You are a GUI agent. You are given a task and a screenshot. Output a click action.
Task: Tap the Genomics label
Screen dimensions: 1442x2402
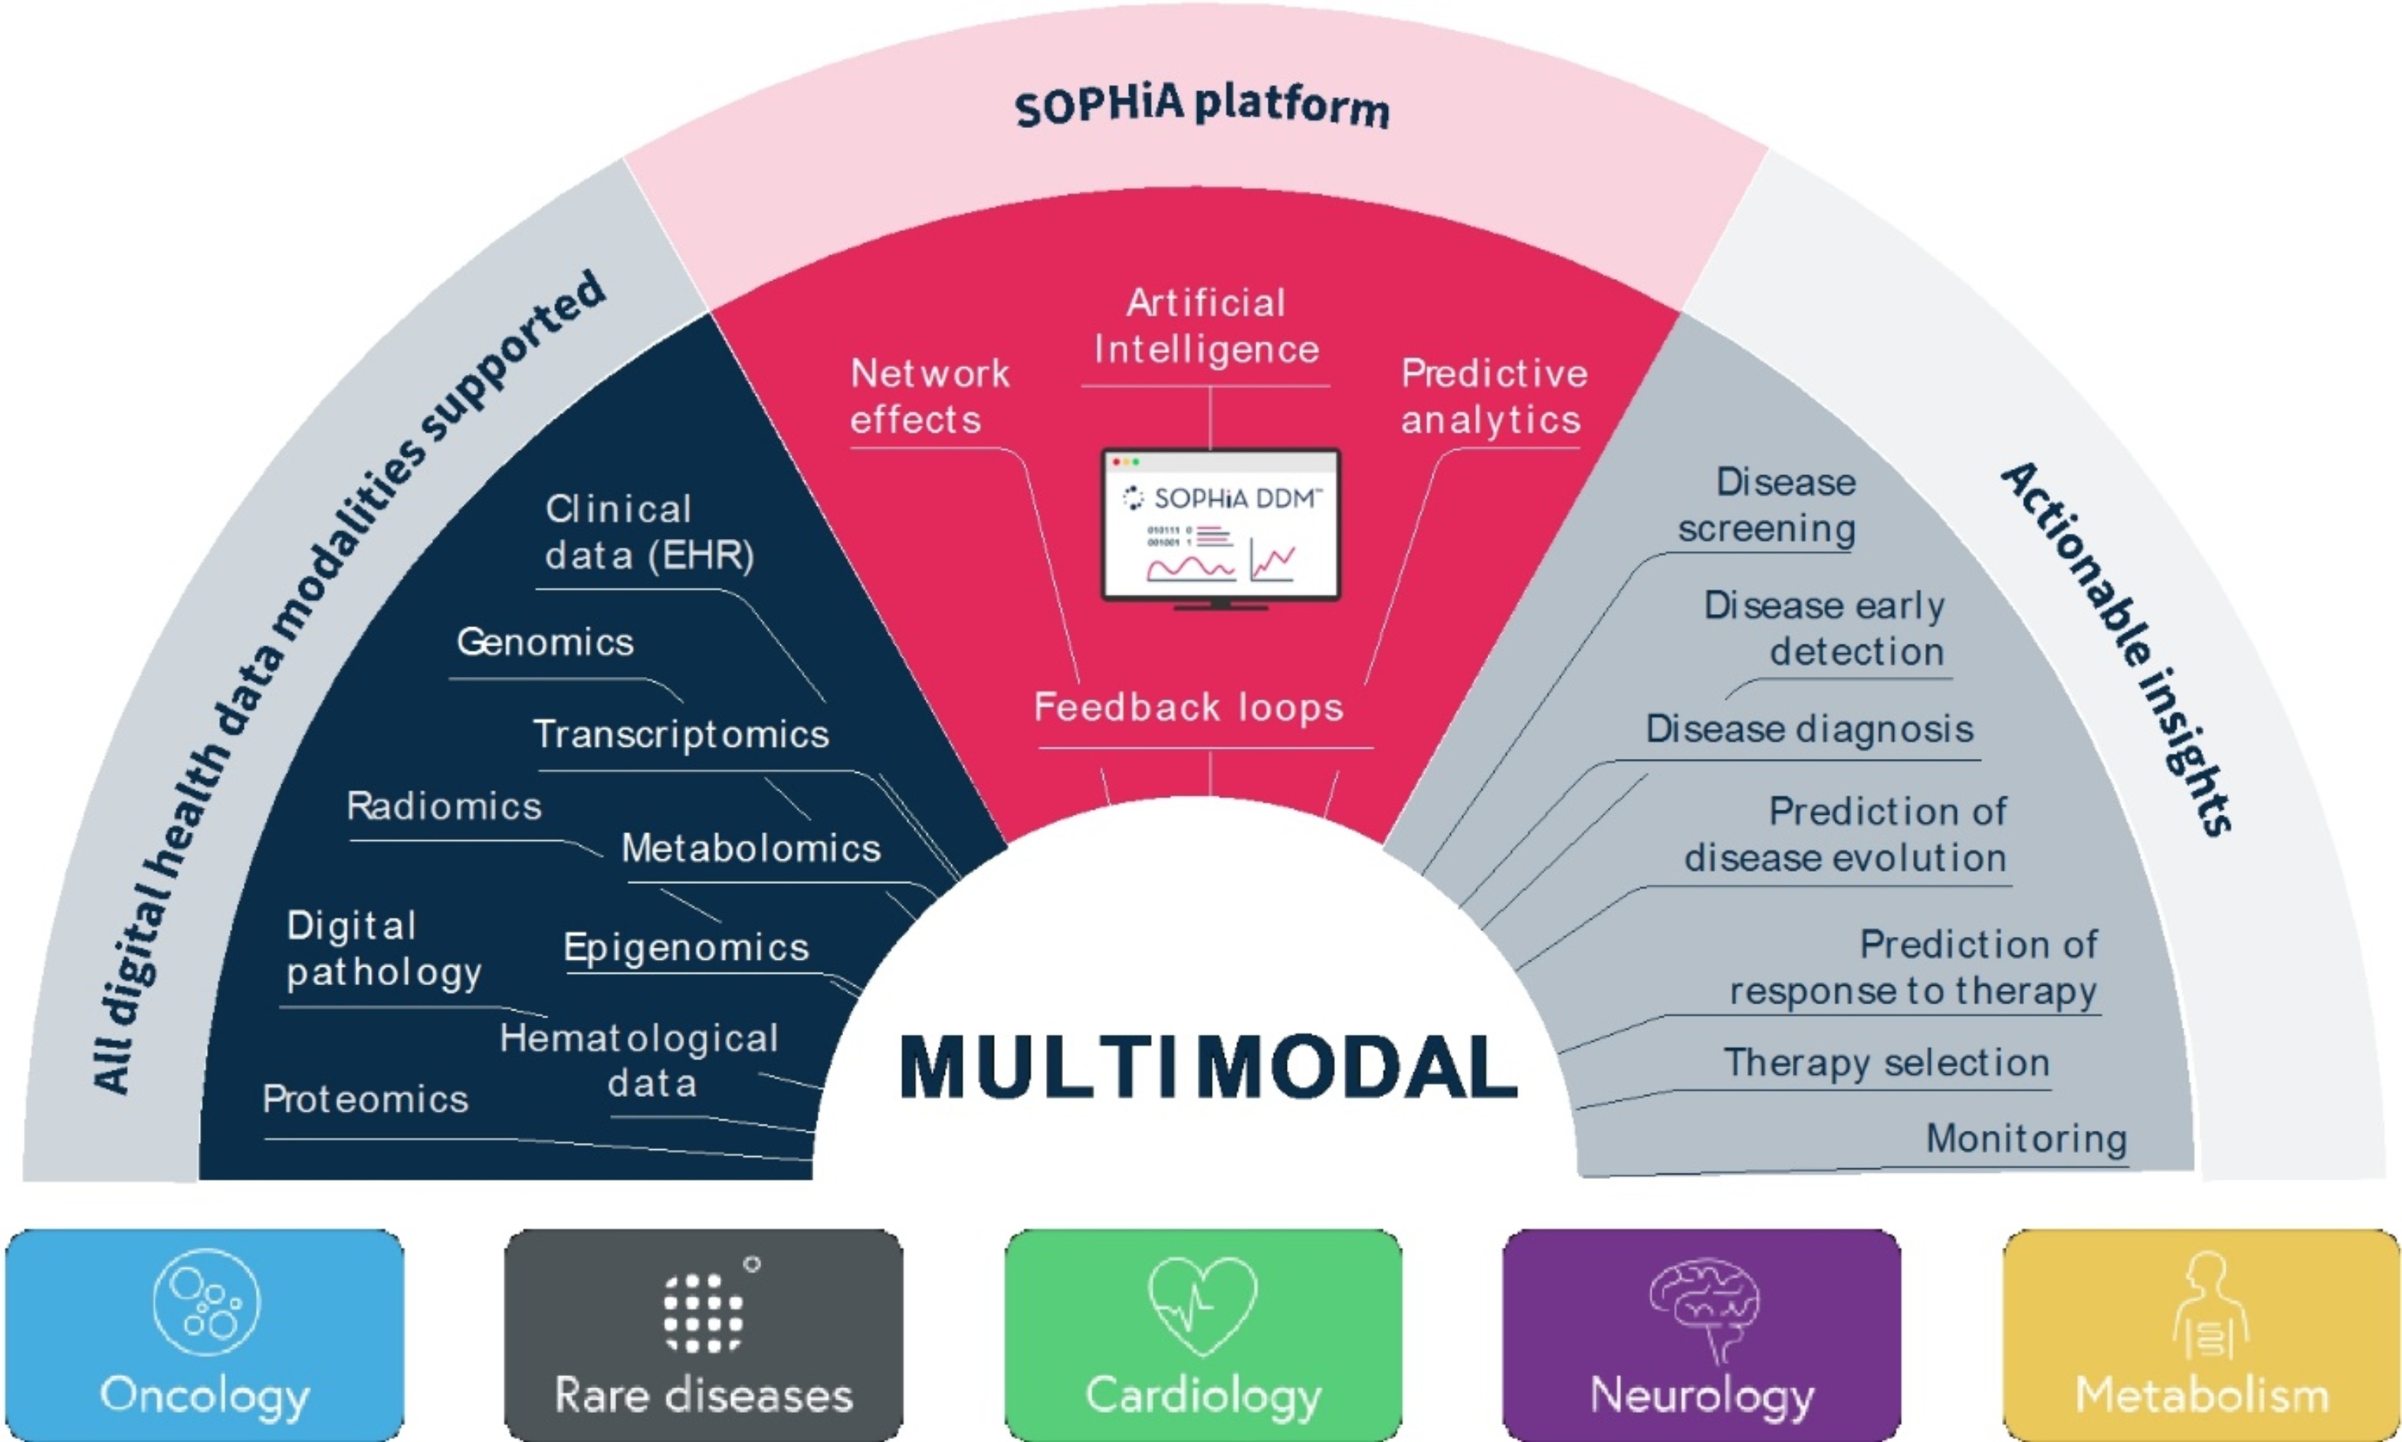click(x=545, y=642)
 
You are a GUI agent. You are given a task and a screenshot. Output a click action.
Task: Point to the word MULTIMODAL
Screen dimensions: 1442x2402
click(x=1207, y=1068)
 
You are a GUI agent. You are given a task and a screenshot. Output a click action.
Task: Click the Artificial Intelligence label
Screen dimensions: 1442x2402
click(x=1206, y=327)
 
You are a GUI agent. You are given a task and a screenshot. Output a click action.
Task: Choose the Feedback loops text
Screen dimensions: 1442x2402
click(x=1188, y=708)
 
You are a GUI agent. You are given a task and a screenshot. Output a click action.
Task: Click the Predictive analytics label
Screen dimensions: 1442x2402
click(x=1493, y=396)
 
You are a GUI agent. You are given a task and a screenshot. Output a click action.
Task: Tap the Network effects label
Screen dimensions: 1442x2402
click(x=930, y=396)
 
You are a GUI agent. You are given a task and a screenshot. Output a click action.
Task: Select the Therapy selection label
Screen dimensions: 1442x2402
click(x=1886, y=1063)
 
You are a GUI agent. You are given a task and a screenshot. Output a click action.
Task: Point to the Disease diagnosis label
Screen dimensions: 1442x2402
click(x=1809, y=729)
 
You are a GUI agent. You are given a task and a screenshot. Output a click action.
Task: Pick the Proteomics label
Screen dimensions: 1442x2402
click(x=365, y=1100)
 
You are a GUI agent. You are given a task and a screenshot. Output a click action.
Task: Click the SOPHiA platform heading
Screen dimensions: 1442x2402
click(x=1202, y=105)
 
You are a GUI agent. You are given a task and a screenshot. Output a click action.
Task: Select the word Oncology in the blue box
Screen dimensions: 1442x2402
click(x=205, y=1395)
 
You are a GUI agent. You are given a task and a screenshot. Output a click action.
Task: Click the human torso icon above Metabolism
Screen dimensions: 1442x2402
click(x=2209, y=1305)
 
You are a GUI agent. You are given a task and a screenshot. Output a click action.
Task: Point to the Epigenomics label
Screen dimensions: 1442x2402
click(x=686, y=948)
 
